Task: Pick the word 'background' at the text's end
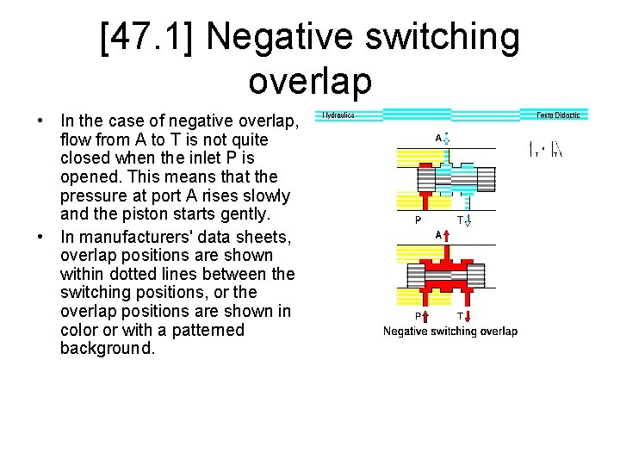[x=107, y=349]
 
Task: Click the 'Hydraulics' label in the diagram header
[x=338, y=115]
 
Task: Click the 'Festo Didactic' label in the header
[x=558, y=115]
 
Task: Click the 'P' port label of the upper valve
[x=418, y=220]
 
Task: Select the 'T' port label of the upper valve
[x=461, y=220]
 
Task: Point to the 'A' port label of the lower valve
[x=438, y=234]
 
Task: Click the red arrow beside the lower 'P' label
[x=425, y=316]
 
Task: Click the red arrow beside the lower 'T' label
[x=468, y=316]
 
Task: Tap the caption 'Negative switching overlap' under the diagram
[x=450, y=332]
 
